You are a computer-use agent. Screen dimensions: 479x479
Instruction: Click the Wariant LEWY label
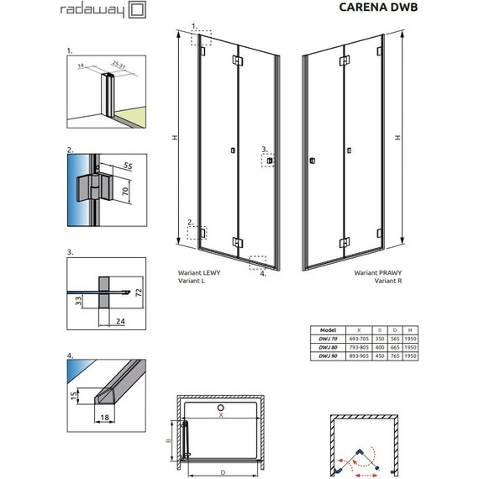point(199,275)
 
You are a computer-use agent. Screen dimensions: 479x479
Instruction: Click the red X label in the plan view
point(221,413)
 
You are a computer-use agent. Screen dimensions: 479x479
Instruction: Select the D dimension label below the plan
point(223,473)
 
